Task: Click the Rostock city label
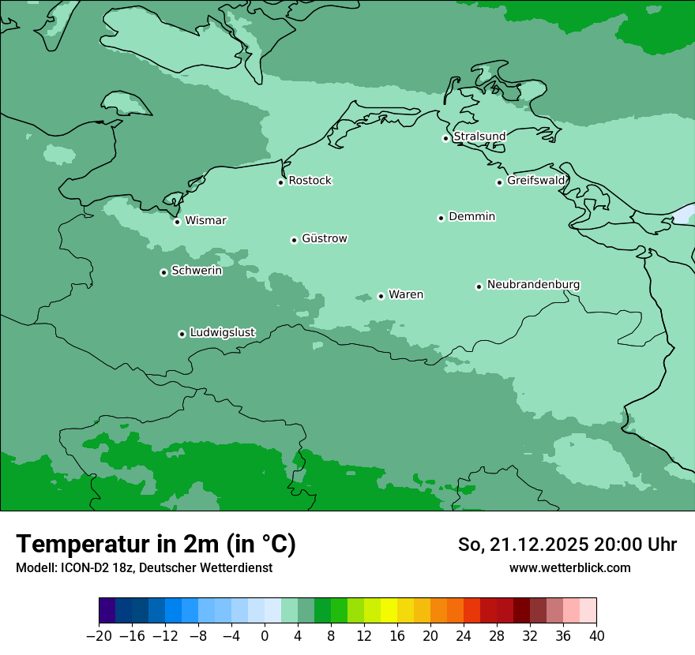pos(310,181)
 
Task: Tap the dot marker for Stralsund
pos(445,138)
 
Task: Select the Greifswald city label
pos(535,181)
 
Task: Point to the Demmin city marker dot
pos(441,218)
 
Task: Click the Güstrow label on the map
pos(324,238)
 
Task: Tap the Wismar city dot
pos(177,222)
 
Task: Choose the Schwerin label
pos(197,271)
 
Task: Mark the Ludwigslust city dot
pos(182,334)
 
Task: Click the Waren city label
pos(406,294)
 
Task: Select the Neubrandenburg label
pos(533,284)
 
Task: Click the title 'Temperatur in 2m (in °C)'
pos(156,544)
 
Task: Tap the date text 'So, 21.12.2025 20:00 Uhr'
pos(567,545)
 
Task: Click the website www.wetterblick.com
pos(569,567)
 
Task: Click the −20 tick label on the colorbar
pos(99,636)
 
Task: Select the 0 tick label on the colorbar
pos(265,636)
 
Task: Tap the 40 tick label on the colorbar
pos(596,636)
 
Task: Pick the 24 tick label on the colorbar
pos(464,636)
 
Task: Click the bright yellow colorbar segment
pos(389,611)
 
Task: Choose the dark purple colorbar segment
pos(107,611)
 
